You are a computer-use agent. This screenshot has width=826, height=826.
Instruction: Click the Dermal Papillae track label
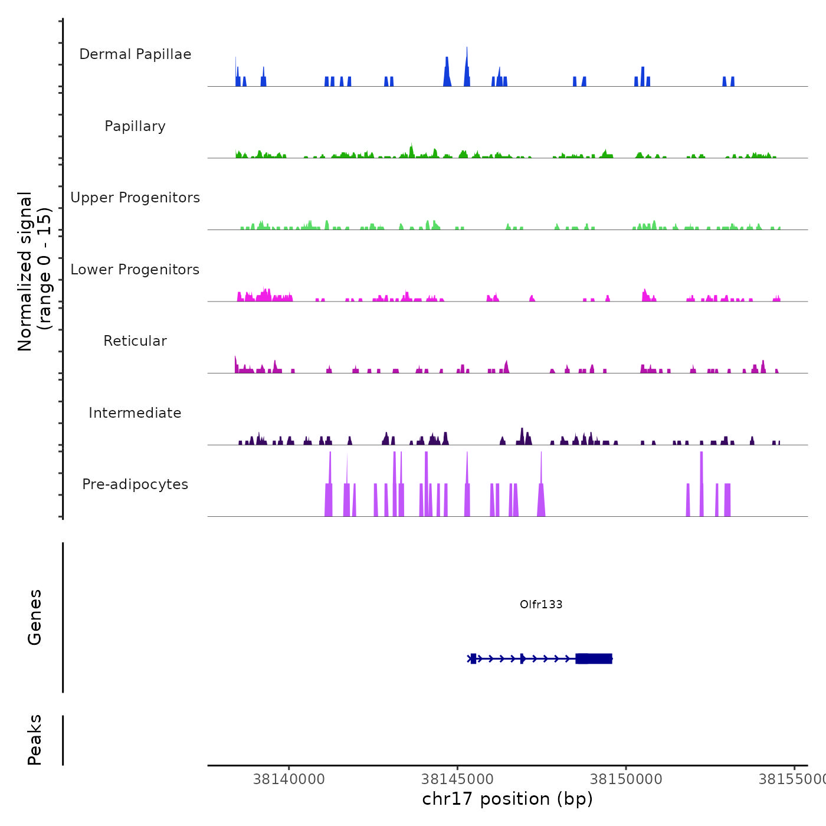click(135, 54)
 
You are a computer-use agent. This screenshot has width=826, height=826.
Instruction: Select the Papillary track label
click(135, 126)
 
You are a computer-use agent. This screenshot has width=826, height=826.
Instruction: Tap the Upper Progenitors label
click(135, 198)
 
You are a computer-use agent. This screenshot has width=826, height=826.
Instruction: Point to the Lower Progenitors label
click(135, 270)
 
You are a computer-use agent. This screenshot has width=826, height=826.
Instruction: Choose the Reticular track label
click(135, 341)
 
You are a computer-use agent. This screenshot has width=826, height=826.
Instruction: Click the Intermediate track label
click(135, 413)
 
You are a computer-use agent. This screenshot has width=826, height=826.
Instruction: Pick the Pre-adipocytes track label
click(135, 484)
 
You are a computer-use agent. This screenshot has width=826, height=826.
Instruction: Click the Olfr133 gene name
click(541, 604)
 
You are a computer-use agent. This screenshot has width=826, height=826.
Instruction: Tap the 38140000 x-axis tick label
click(289, 779)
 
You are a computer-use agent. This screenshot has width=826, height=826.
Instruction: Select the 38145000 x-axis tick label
click(458, 779)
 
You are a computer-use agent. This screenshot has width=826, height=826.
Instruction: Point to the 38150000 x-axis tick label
click(626, 779)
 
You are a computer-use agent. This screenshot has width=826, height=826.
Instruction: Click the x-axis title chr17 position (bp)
click(507, 799)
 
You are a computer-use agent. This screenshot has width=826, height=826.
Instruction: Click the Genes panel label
click(35, 617)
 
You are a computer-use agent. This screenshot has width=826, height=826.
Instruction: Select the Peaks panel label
click(35, 740)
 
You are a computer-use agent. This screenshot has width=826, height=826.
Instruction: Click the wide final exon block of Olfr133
click(594, 658)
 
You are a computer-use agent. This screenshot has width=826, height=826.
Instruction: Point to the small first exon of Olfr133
click(473, 658)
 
